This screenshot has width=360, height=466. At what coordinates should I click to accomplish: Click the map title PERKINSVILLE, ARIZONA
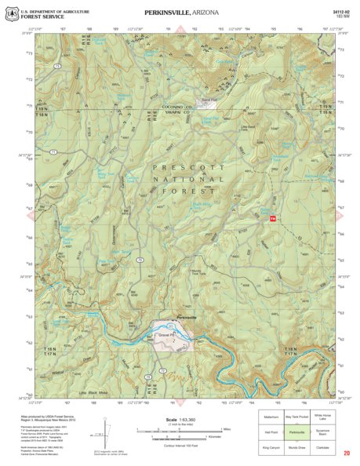tap(181, 13)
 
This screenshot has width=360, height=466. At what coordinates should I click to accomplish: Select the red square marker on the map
tap(274, 219)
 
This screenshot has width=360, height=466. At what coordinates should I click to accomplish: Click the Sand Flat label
tap(208, 101)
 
